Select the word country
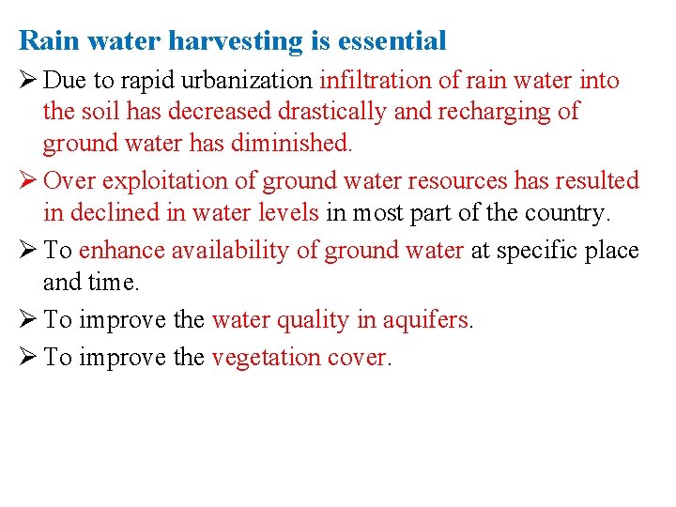[x=566, y=213]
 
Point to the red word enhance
[x=119, y=251]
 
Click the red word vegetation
[x=266, y=358]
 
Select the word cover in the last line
[x=357, y=358]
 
